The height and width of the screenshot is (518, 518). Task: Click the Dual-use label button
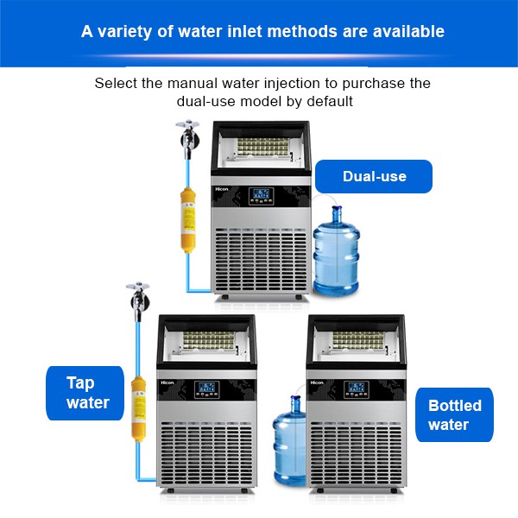point(373,176)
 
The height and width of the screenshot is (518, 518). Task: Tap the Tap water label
point(87,392)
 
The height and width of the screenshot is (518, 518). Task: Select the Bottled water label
point(455,414)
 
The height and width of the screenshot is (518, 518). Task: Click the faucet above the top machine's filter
point(183,133)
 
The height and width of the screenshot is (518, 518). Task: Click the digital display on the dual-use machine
point(261,195)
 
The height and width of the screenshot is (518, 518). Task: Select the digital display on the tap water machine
point(205,390)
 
